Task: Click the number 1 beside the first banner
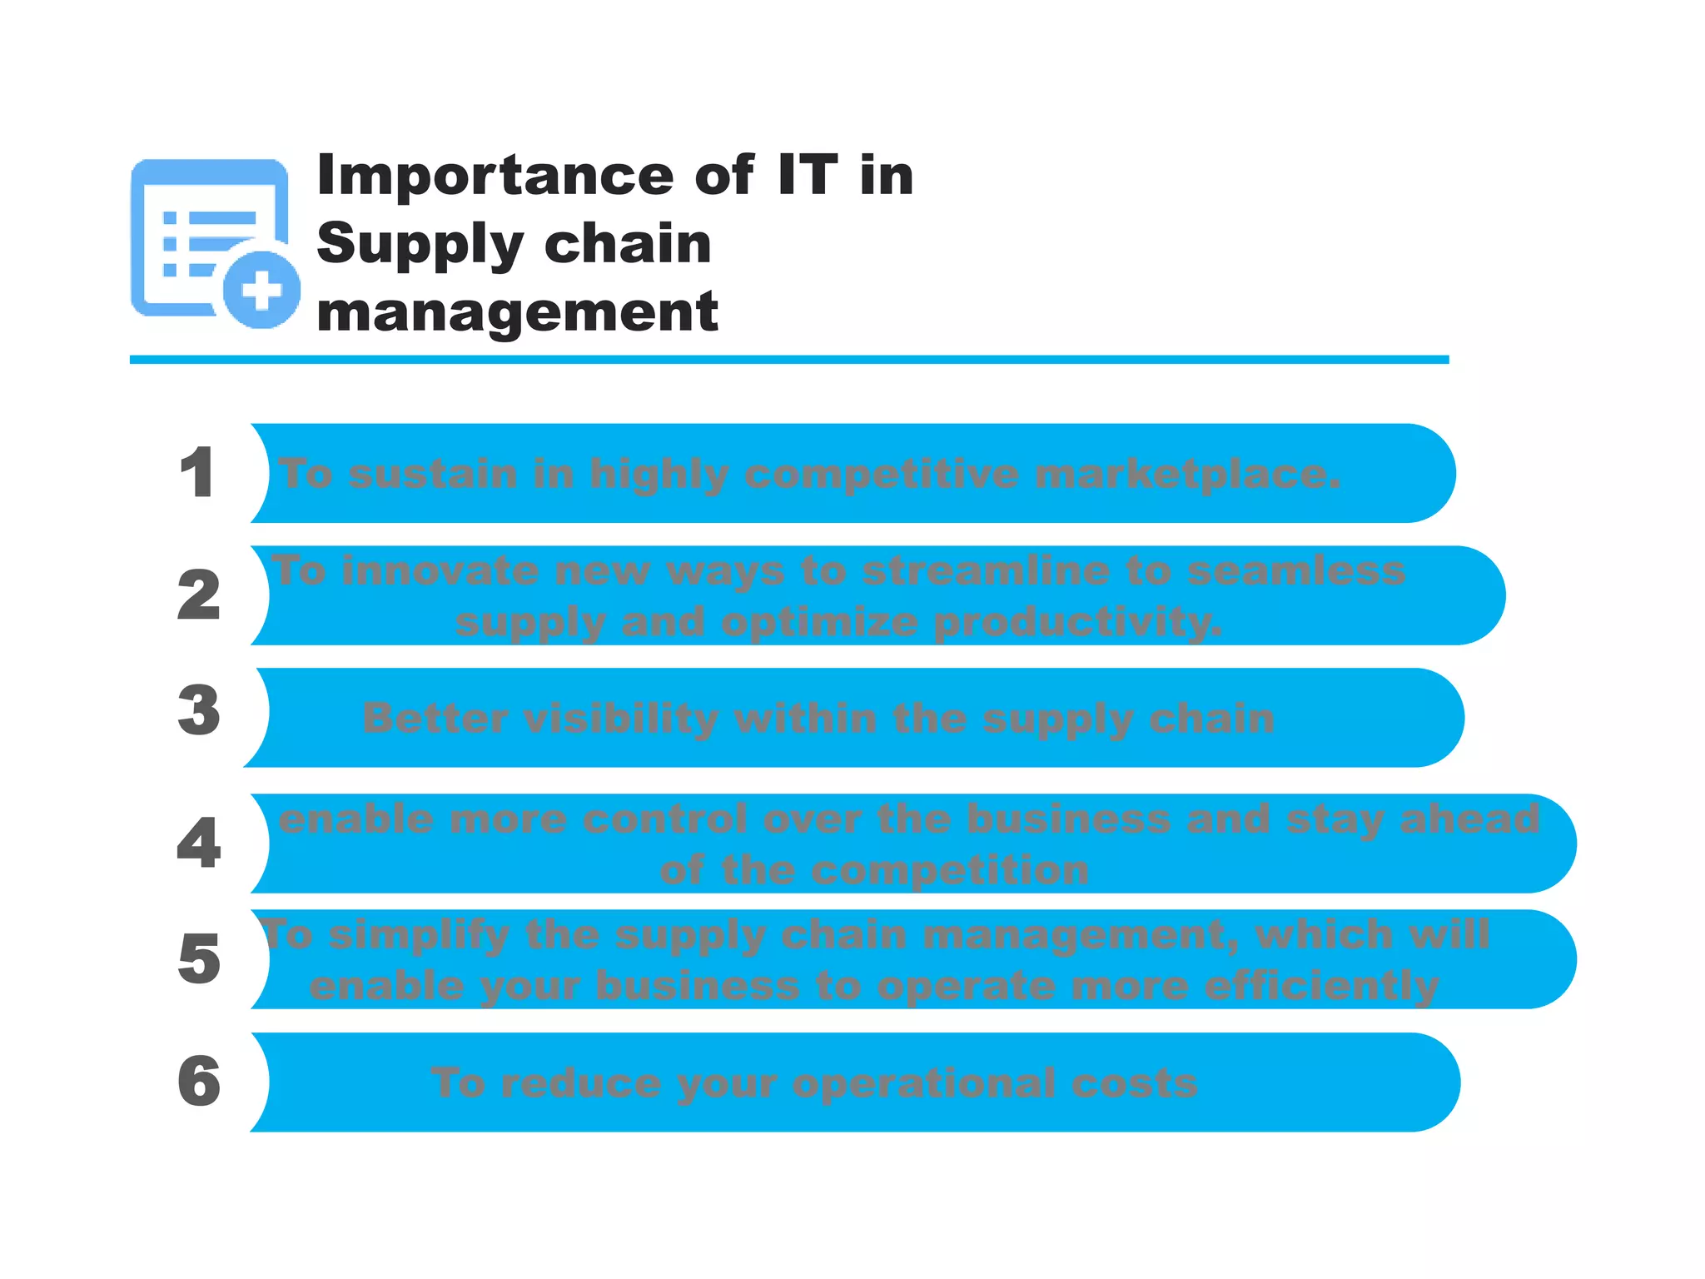pos(198,472)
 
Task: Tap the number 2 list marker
pos(199,595)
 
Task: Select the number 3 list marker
pos(199,710)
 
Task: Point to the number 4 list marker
pos(199,842)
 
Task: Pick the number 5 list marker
pos(199,958)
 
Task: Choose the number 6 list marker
pos(199,1081)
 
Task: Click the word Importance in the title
pos(495,176)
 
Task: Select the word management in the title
pos(517,312)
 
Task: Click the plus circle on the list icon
pos(261,290)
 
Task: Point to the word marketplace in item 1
pos(1187,474)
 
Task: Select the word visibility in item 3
pos(621,718)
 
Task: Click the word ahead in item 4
pos(1469,819)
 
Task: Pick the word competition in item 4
pos(949,870)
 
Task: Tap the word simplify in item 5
pos(419,933)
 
